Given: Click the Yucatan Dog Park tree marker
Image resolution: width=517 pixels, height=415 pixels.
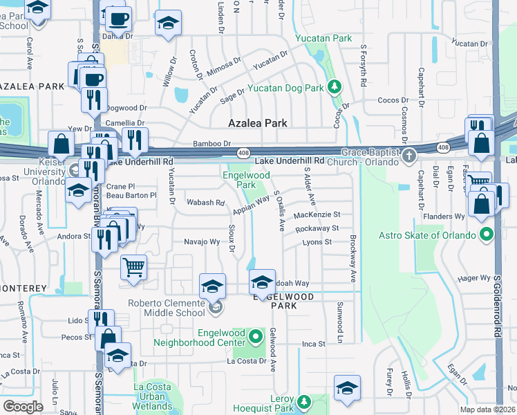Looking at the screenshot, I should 335,87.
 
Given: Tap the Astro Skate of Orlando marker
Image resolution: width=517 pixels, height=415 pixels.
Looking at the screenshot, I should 487,234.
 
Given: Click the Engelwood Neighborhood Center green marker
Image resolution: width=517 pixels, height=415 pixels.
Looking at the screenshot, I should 256,338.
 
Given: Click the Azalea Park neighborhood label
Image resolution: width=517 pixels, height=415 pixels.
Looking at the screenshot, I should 258,123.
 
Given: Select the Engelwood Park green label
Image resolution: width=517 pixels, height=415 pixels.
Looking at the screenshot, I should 246,181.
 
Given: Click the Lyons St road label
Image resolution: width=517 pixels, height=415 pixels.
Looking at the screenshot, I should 318,242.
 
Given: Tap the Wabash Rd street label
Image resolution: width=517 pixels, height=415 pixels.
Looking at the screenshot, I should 206,203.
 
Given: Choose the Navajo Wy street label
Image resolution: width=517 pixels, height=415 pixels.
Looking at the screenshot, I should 201,242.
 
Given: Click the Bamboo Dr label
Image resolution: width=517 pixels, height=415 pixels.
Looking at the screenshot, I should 212,144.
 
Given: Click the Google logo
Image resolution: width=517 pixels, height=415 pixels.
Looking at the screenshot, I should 23,406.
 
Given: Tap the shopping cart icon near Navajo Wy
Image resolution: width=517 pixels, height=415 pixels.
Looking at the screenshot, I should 133,266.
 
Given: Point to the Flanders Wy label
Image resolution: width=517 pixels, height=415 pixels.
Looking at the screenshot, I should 447,216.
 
